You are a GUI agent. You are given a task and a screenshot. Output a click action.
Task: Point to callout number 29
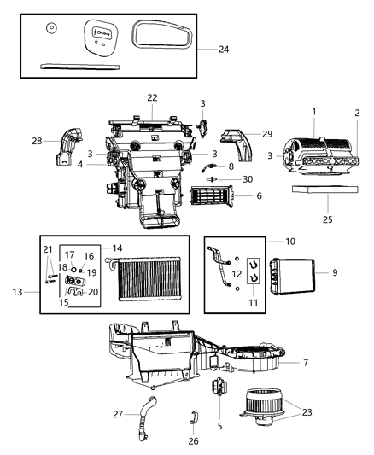point(267,135)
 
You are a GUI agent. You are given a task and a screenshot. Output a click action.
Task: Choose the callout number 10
point(289,242)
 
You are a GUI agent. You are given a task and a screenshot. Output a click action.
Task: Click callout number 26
point(193,441)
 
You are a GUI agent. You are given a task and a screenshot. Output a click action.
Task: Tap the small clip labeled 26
point(193,418)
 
